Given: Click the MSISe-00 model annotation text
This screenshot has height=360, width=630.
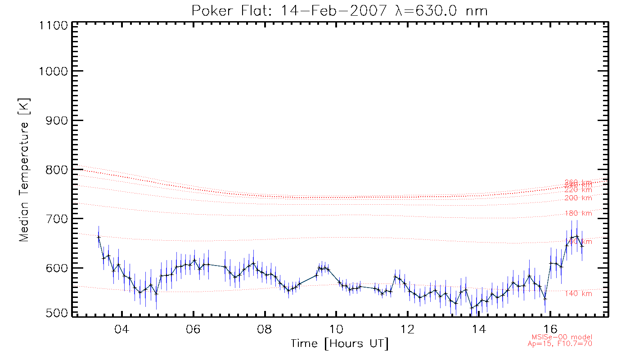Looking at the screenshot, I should pos(562,337).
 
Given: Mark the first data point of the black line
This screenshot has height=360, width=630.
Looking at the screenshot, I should pos(99,237).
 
